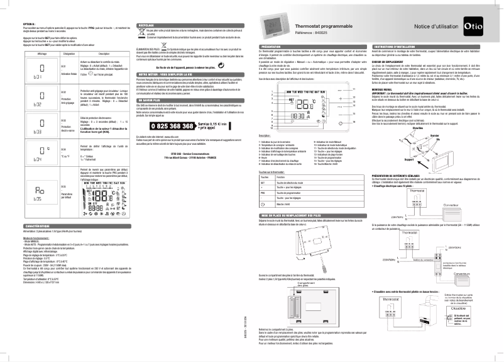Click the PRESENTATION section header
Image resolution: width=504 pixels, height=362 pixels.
tap(272, 47)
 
